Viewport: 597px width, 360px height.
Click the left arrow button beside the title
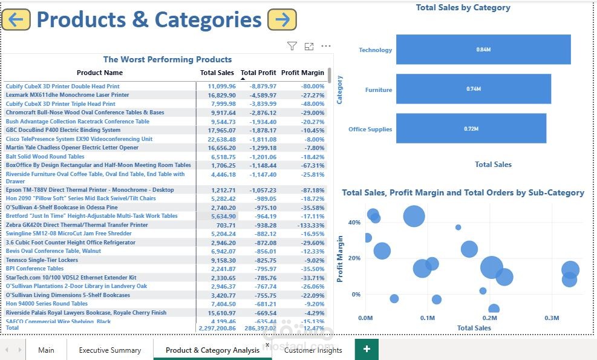16,19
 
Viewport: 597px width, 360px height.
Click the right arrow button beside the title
282,19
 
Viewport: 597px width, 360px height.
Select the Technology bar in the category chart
483,50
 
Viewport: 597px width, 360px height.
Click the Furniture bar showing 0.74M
473,89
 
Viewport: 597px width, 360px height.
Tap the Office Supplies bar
471,128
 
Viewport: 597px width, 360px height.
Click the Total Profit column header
258,73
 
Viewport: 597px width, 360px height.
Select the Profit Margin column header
302,73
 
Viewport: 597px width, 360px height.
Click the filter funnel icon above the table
292,46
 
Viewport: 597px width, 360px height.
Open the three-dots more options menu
326,46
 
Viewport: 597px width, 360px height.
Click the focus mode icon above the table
309,46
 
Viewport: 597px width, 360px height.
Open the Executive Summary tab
109,350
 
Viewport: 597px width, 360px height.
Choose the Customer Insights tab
313,350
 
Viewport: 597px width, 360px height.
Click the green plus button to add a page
366,349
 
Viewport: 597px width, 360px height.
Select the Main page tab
46,350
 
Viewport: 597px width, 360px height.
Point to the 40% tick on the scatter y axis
354,222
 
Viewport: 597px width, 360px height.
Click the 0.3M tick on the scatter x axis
552,318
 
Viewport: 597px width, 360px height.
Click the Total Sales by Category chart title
463,8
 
